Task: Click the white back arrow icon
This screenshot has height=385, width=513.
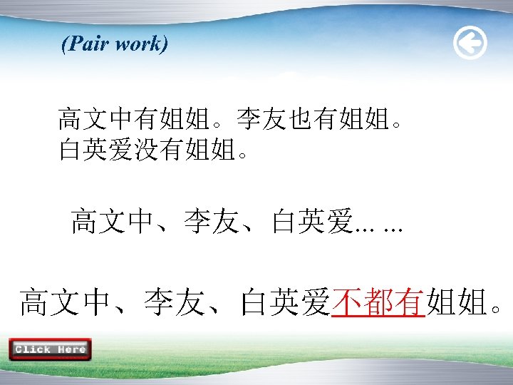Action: tap(470, 44)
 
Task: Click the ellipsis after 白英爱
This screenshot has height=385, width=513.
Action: tap(378, 227)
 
